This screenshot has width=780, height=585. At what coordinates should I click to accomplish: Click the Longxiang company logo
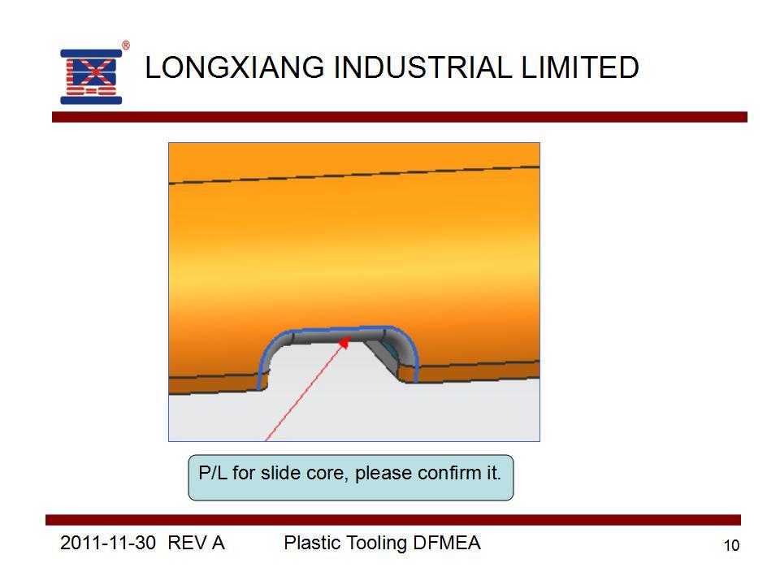[91, 76]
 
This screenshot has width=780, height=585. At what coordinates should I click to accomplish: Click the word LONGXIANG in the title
[235, 67]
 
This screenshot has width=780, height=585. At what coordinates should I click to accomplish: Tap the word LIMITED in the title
[580, 67]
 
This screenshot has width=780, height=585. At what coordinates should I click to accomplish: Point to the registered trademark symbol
[126, 45]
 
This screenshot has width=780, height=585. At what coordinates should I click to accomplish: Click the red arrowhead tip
[349, 338]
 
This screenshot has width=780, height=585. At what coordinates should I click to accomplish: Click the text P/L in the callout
[213, 473]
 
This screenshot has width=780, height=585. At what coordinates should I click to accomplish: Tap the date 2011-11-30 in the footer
[108, 543]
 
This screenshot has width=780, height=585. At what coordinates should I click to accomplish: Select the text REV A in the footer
[196, 543]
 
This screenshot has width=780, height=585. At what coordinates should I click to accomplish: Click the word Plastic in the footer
[312, 543]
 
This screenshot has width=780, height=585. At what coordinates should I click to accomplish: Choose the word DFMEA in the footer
[447, 543]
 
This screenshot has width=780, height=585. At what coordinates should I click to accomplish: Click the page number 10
[731, 546]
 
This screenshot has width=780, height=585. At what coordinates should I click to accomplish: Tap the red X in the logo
[93, 73]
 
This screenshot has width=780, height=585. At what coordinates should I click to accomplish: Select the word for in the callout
[244, 473]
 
